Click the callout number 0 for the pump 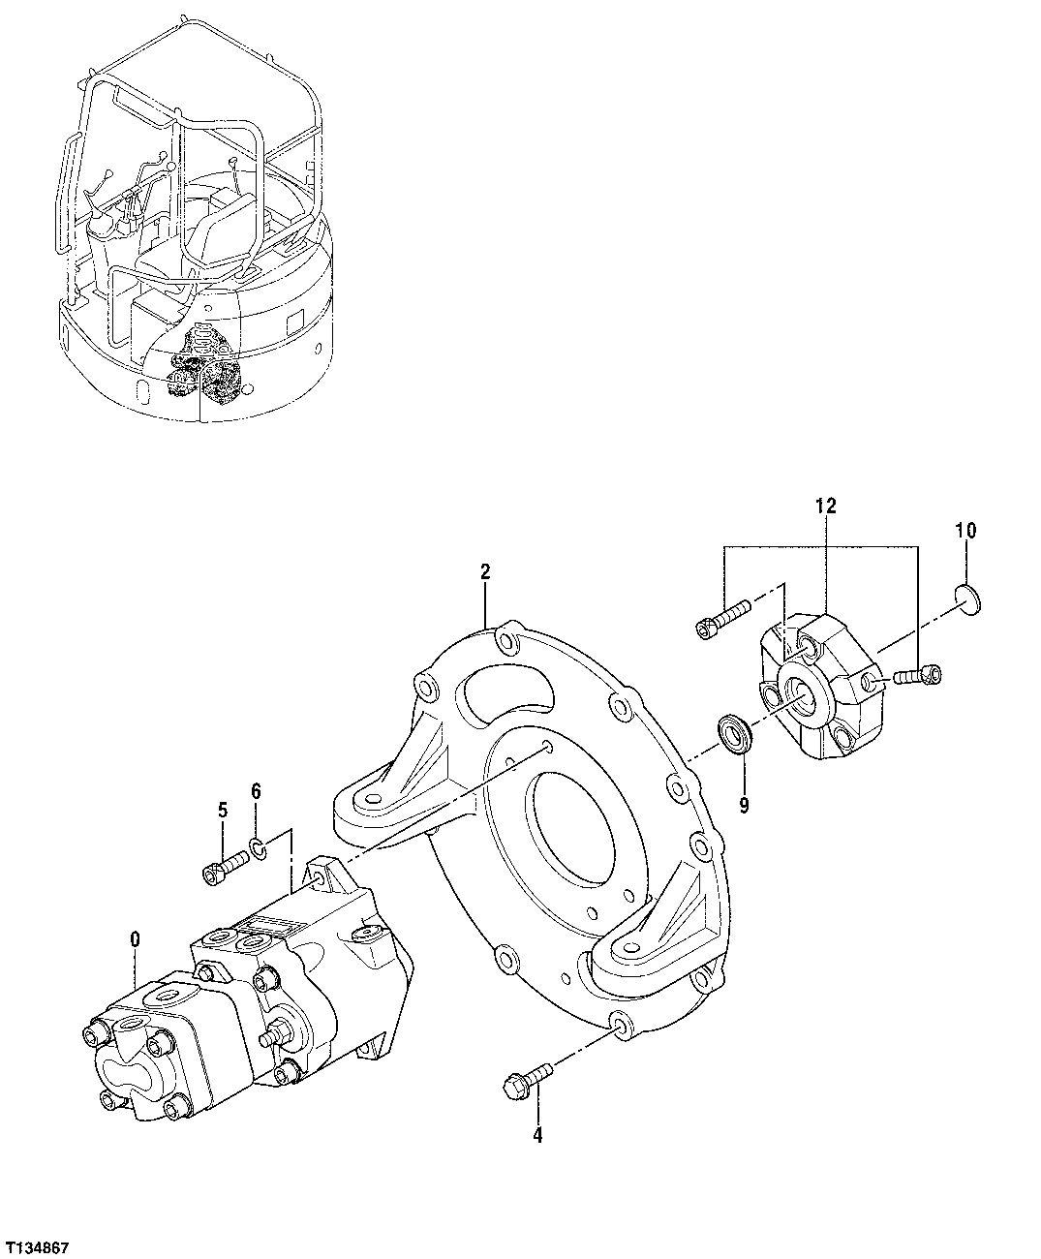[x=135, y=938]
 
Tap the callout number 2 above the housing [x=485, y=572]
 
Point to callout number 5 [x=222, y=810]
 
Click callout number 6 [x=257, y=791]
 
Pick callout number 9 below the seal [x=744, y=778]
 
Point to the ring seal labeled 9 [x=738, y=734]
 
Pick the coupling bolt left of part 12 [x=722, y=619]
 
